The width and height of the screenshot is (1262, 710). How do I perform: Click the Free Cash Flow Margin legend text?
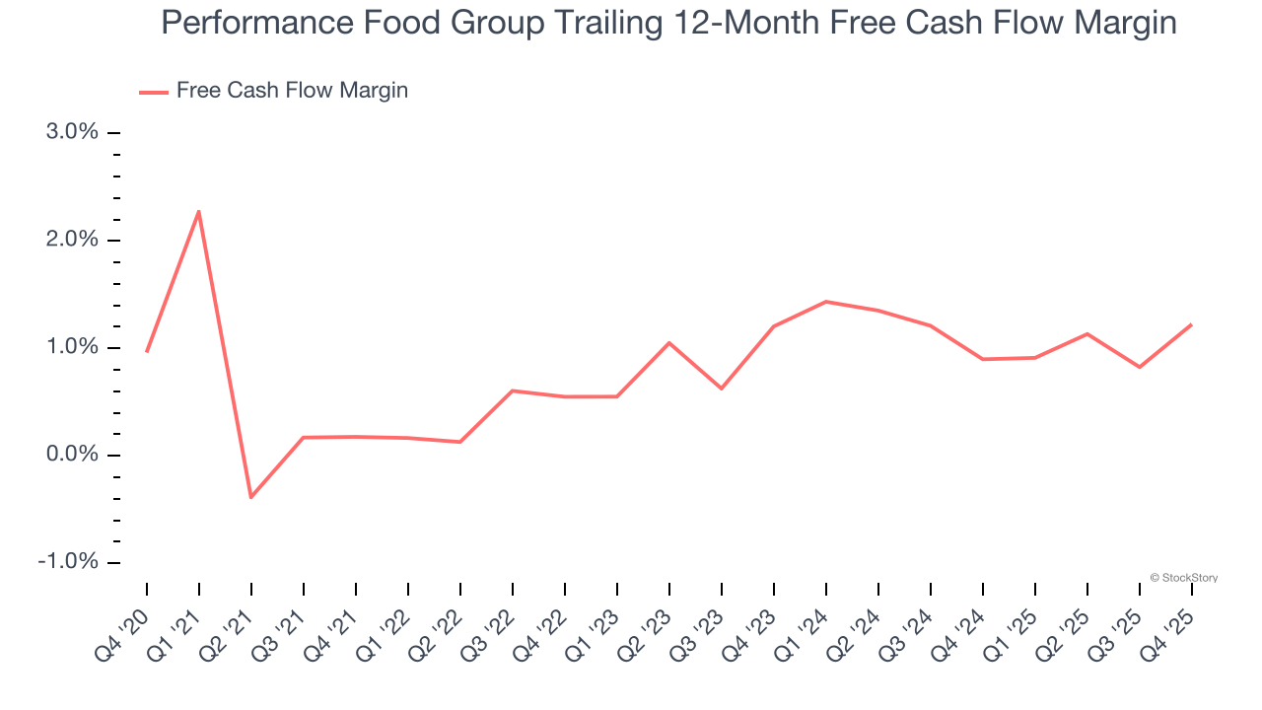coord(292,91)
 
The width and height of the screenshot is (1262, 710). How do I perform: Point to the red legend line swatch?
coord(154,92)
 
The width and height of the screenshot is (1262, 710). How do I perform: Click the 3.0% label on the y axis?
coord(73,132)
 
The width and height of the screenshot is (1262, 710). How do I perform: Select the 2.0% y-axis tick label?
coord(73,240)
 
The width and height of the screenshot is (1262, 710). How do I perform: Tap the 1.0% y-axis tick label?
coord(73,347)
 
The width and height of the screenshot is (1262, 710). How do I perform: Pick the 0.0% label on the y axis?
coord(73,455)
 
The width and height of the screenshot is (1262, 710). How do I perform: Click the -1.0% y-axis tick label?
coord(69,562)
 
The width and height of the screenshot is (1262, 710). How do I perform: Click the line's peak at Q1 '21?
coord(199,211)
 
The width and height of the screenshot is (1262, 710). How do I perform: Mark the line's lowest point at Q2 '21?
coord(251,497)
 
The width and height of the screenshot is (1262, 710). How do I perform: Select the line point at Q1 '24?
coord(826,302)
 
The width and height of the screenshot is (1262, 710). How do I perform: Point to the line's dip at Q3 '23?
coord(722,389)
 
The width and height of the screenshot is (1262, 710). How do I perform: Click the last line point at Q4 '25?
coord(1192,324)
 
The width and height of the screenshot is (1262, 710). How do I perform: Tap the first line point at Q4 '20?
coord(147,351)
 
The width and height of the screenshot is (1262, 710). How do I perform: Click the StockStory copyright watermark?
coord(1184,578)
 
